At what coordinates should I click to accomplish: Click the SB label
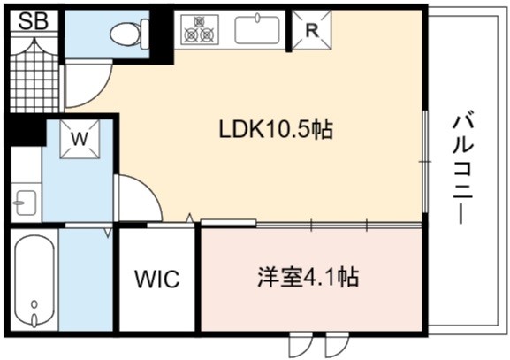(34, 21)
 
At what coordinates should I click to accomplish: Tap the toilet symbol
(129, 34)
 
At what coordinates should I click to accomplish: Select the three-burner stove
(200, 29)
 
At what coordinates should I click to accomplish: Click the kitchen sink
(257, 29)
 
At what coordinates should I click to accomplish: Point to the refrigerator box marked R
(312, 30)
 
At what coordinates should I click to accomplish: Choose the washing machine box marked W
(80, 139)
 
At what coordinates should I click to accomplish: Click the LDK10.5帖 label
(276, 129)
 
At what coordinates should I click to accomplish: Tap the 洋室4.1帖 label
(308, 278)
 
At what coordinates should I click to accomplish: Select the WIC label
(157, 279)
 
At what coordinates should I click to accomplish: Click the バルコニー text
(462, 168)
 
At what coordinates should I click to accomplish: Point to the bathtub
(34, 280)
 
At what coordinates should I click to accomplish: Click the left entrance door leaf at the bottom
(301, 345)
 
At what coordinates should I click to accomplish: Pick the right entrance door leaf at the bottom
(337, 345)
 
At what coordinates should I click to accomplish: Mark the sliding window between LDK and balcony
(425, 162)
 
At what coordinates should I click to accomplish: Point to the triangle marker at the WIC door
(190, 218)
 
